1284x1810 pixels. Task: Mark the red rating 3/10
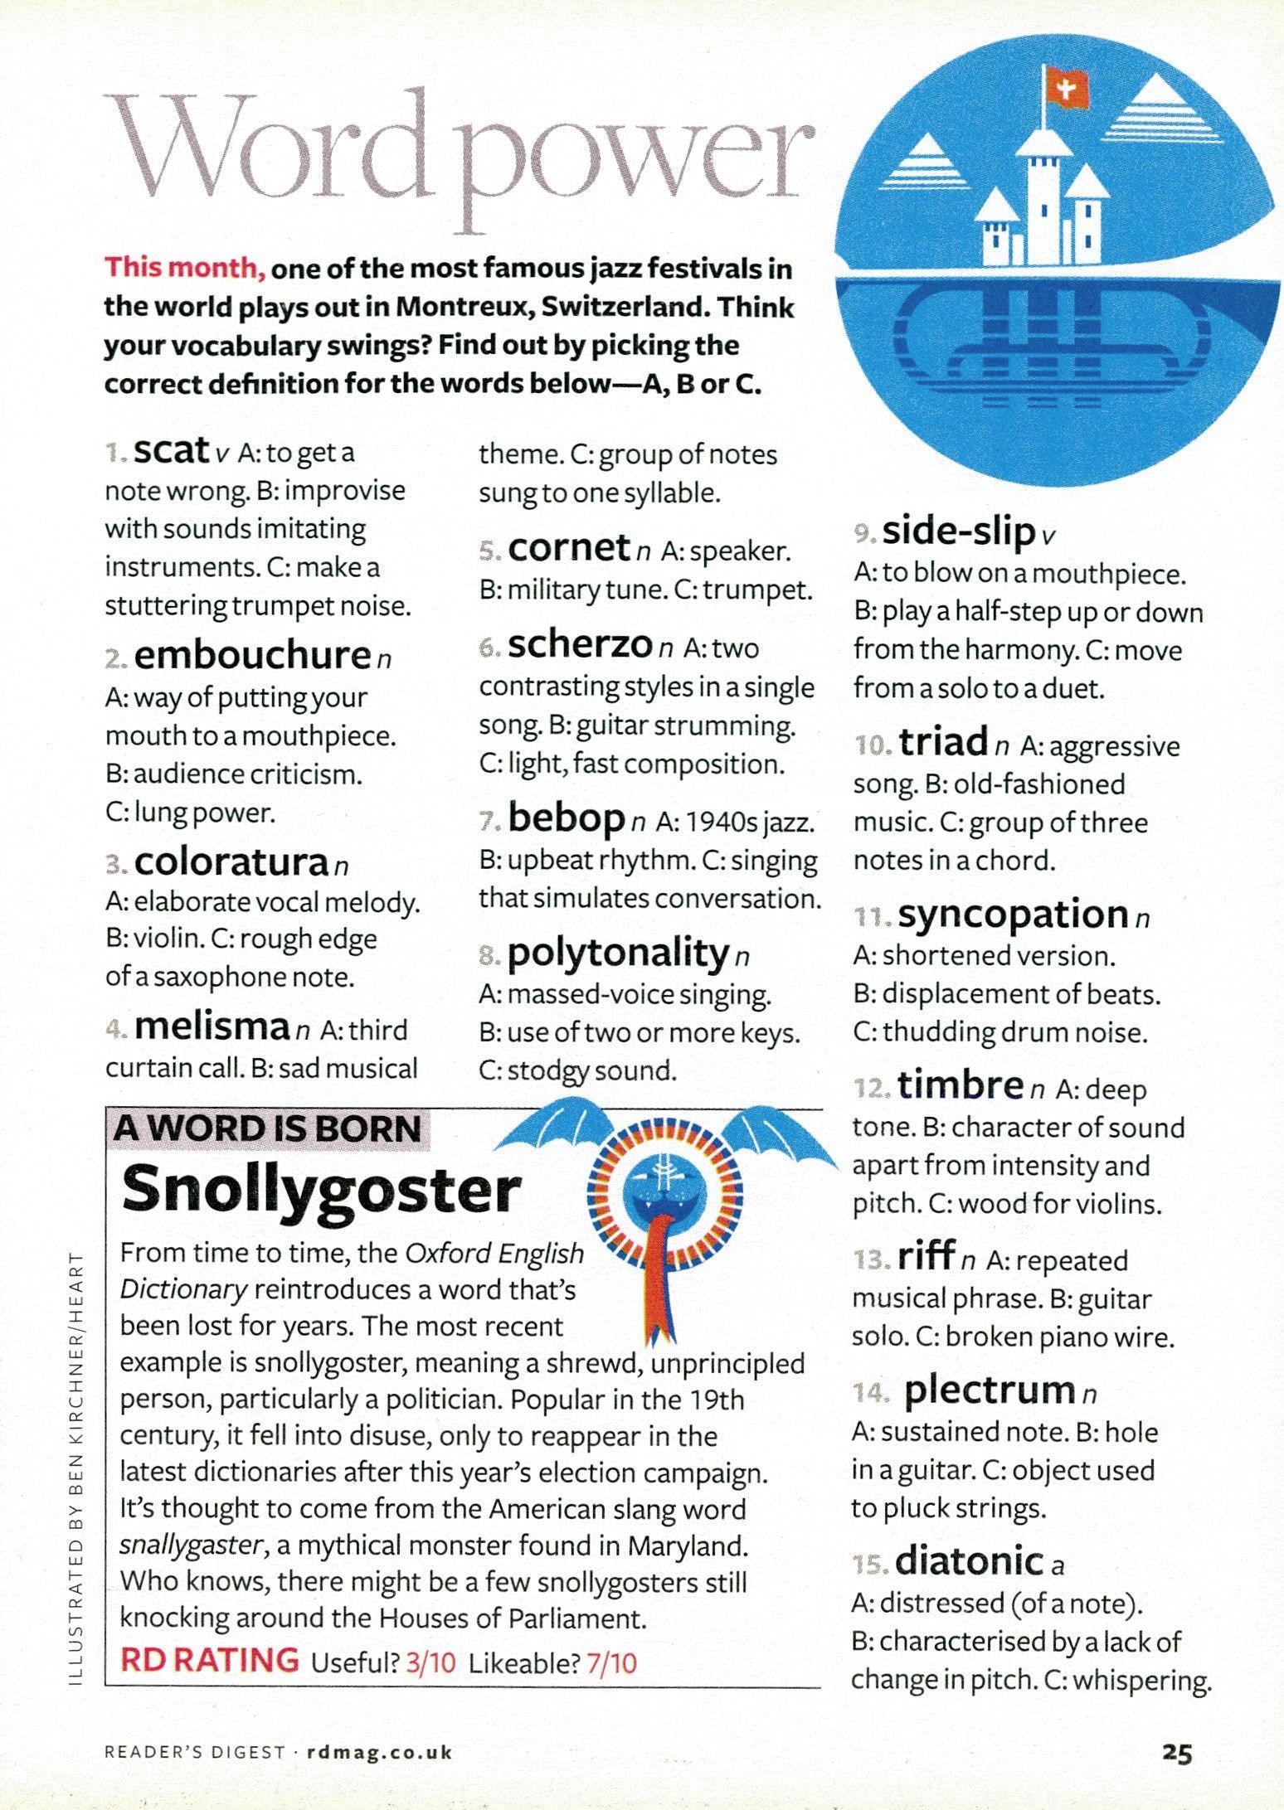point(431,1662)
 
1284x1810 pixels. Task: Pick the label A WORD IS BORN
point(268,1128)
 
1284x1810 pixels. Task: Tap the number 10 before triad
point(872,746)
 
